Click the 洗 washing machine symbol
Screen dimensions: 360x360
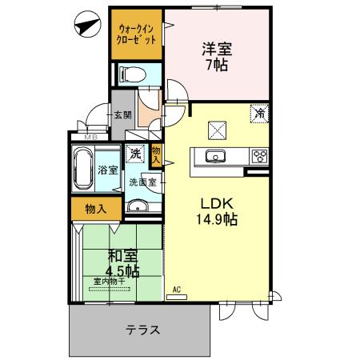[x=135, y=153]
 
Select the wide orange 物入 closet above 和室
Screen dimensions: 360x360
[x=95, y=208]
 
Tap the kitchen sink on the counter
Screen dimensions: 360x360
[x=216, y=156]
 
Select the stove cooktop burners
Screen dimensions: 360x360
[x=259, y=156]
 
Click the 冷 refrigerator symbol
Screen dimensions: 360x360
[x=259, y=114]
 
